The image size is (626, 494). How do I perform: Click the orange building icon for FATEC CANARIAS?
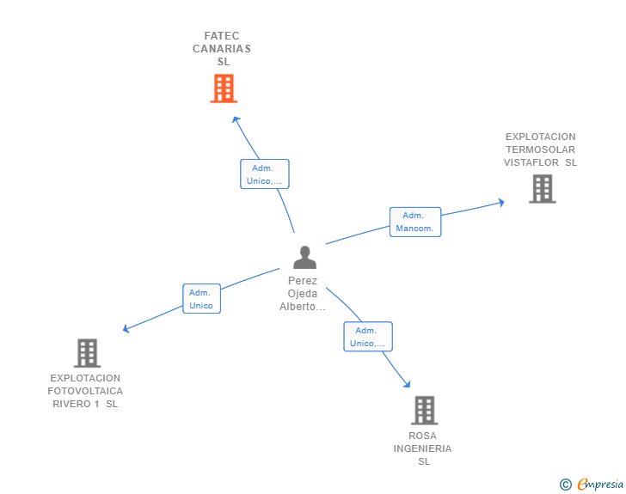pyautogui.click(x=223, y=88)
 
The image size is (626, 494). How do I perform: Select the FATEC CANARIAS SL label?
pyautogui.click(x=222, y=49)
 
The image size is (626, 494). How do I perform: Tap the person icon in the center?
pyautogui.click(x=304, y=257)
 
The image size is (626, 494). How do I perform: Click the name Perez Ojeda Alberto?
pyautogui.click(x=303, y=294)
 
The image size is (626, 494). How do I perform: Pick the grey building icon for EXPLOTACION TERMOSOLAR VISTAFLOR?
pyautogui.click(x=542, y=188)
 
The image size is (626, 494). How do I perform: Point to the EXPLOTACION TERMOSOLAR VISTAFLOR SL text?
pyautogui.click(x=540, y=149)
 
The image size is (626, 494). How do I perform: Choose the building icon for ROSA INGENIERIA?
pyautogui.click(x=424, y=410)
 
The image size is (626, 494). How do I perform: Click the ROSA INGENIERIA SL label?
pyautogui.click(x=423, y=448)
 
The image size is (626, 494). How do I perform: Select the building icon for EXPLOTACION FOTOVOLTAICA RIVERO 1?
pyautogui.click(x=87, y=352)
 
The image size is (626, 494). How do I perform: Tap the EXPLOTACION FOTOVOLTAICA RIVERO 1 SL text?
pyautogui.click(x=85, y=391)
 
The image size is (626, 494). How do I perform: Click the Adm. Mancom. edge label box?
pyautogui.click(x=415, y=222)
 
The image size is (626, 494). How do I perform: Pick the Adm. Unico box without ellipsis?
pyautogui.click(x=201, y=299)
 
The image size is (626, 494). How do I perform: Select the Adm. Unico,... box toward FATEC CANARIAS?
pyautogui.click(x=264, y=174)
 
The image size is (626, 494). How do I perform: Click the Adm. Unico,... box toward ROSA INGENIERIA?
pyautogui.click(x=367, y=337)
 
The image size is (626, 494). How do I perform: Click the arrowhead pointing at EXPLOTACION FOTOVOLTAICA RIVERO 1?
pyautogui.click(x=126, y=328)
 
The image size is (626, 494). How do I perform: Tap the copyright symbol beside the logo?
pyautogui.click(x=566, y=485)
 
